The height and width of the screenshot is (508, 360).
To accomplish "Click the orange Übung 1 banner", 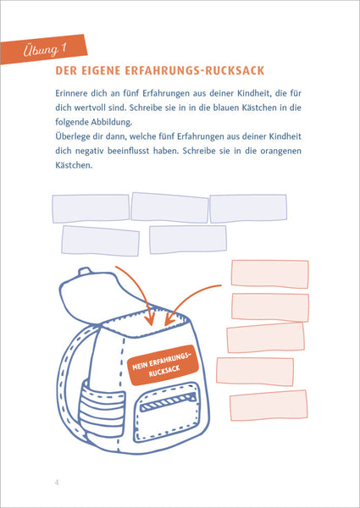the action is pos(44,49).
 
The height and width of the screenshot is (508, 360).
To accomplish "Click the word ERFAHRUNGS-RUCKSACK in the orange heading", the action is pos(195,71).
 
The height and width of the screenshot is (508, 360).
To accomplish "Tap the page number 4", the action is pos(57,483).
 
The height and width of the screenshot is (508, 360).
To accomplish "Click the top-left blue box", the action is pos(91,208).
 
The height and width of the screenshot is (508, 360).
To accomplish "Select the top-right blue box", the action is pos(248,208).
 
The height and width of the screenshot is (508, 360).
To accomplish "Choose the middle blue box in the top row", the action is pos(169,207).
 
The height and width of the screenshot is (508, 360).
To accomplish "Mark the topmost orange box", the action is pos(270,274).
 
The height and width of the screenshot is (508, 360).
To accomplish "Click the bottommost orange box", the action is pos(269,406).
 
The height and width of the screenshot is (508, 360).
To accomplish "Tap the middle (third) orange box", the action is pos(266,338).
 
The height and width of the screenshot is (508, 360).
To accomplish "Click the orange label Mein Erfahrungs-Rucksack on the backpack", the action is pos(163,365).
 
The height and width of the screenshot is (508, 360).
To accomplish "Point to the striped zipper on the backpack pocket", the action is pos(169,402).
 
